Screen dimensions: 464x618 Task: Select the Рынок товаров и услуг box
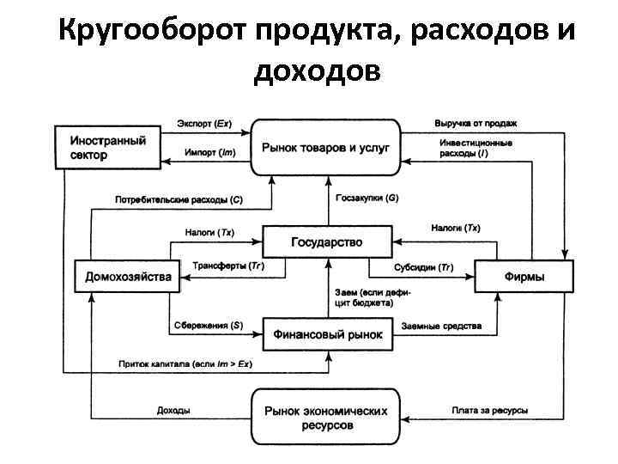(326, 147)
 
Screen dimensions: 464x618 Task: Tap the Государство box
(326, 241)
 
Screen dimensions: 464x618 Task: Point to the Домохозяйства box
(127, 276)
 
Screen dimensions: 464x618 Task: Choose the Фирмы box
(523, 276)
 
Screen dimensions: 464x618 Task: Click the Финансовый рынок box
(326, 333)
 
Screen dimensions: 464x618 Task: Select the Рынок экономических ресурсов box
(326, 418)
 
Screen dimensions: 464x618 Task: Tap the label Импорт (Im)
(209, 153)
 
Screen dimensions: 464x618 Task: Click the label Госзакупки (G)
(368, 198)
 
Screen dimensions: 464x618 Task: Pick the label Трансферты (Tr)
(228, 266)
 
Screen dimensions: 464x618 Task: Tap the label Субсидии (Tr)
(424, 266)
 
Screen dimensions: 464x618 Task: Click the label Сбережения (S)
(207, 326)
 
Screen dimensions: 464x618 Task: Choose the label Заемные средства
(441, 326)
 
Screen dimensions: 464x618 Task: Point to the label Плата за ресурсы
(489, 411)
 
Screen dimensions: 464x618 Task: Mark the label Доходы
(173, 411)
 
